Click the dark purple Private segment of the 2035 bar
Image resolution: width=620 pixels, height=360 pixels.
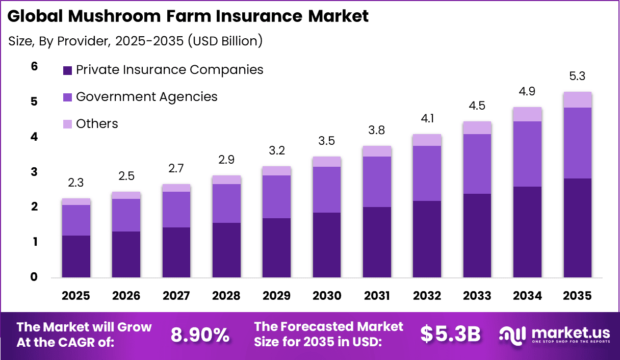tap(577, 227)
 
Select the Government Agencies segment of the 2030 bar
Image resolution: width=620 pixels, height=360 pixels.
tap(327, 189)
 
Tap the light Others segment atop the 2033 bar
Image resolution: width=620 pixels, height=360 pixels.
tap(477, 127)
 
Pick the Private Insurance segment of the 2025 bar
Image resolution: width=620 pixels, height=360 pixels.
tap(76, 256)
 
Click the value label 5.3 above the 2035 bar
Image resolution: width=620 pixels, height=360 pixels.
tap(577, 76)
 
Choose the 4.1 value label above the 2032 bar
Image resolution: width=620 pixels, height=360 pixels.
tap(427, 119)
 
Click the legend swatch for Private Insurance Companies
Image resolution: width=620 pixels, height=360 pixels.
tap(68, 70)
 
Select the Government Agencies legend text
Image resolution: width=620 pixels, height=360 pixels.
tap(146, 96)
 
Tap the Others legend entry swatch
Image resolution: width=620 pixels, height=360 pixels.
tap(68, 124)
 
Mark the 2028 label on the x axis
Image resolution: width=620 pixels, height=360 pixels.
tap(226, 296)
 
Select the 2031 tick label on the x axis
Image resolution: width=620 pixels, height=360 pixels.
tap(377, 296)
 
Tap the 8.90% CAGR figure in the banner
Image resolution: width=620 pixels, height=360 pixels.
tap(200, 335)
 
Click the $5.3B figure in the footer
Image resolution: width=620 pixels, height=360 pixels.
tap(451, 334)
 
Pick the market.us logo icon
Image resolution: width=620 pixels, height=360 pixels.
tap(513, 335)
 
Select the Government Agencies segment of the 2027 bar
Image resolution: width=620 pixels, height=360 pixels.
tap(176, 209)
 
